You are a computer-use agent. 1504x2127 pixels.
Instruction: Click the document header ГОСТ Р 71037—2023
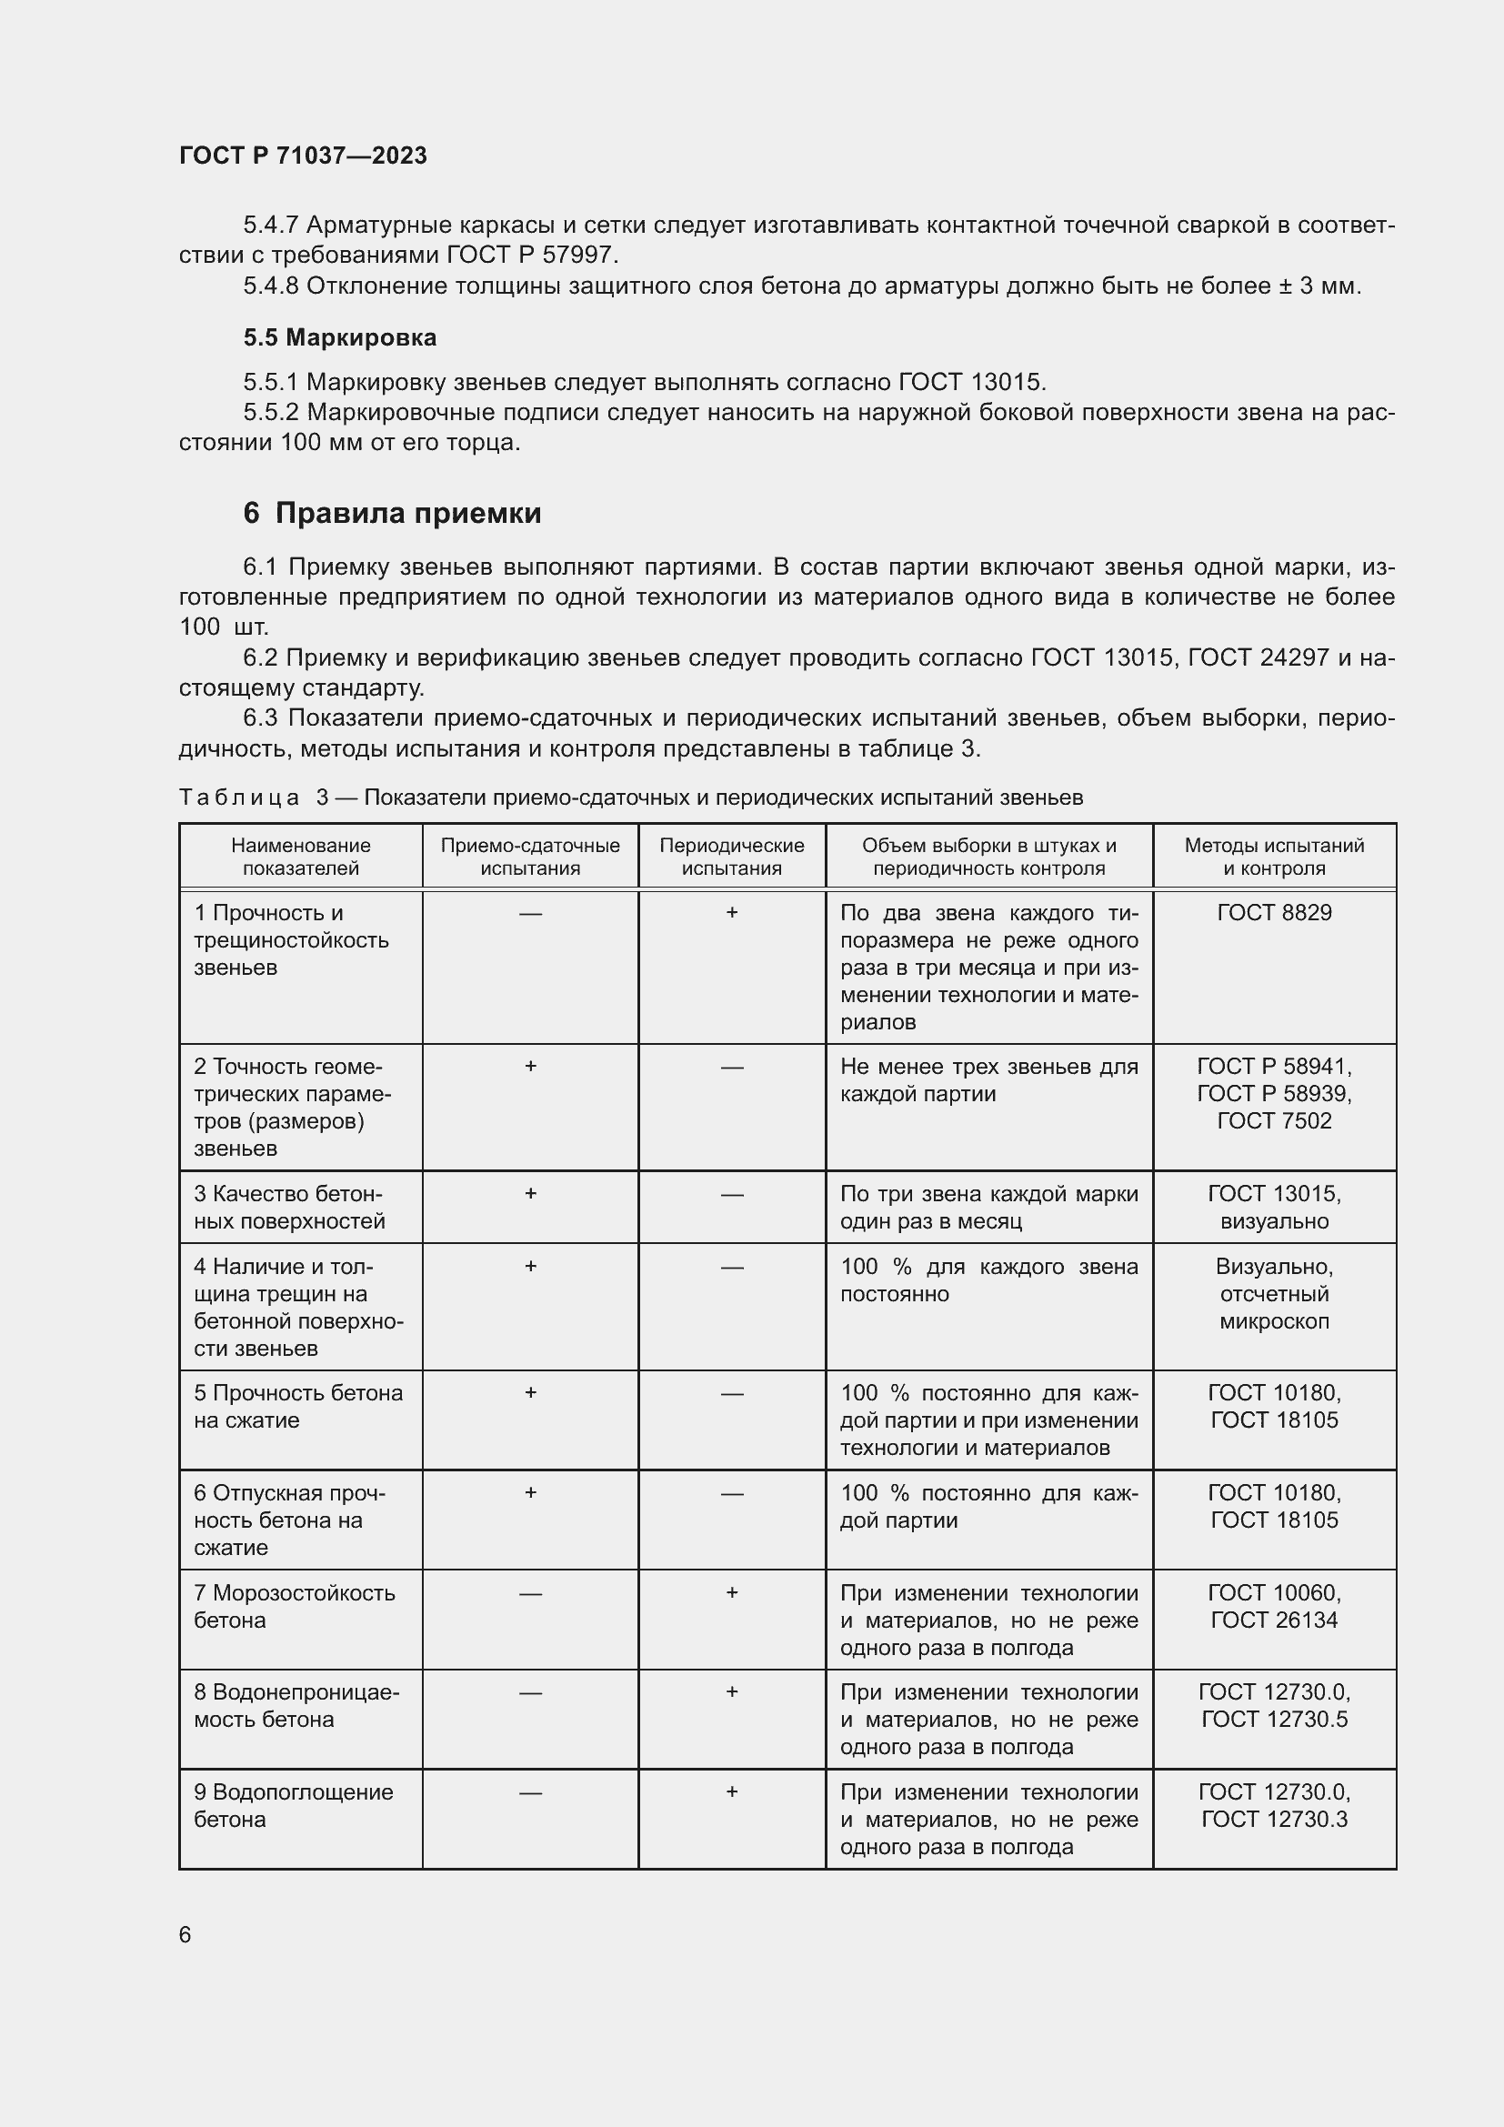coord(303,156)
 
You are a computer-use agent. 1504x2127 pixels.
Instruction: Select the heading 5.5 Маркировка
coord(340,337)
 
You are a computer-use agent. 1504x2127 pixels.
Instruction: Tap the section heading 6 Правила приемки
coord(392,513)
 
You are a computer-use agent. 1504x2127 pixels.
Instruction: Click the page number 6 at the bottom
coord(185,1934)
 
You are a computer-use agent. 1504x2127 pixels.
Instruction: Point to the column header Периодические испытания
coord(732,857)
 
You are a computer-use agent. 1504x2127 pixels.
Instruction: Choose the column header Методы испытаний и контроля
coord(1273,857)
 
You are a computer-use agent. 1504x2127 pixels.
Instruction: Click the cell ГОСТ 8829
coord(1273,912)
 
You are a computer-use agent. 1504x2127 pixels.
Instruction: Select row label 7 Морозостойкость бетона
coord(295,1606)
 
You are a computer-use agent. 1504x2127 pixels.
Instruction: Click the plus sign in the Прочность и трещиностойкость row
coord(732,912)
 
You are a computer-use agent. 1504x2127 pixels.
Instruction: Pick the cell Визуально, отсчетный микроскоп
coord(1273,1293)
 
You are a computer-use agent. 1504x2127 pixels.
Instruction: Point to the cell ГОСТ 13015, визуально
coord(1273,1207)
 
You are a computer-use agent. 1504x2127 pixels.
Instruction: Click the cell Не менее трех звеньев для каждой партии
coord(988,1080)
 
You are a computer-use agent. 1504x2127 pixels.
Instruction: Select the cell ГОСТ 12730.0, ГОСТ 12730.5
coord(1273,1705)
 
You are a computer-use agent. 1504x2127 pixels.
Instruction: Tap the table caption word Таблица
coord(239,798)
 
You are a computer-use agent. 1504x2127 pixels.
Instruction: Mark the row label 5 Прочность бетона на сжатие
coord(298,1406)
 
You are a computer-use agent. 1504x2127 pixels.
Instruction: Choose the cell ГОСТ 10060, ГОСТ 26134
coord(1273,1606)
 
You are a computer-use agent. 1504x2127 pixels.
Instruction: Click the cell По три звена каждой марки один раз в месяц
coord(988,1207)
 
